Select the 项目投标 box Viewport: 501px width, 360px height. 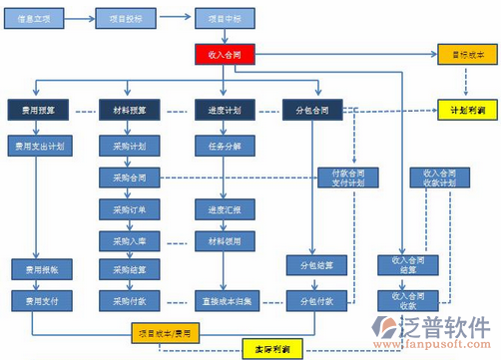click(127, 18)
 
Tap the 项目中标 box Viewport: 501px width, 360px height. click(223, 18)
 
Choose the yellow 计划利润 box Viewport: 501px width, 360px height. click(466, 109)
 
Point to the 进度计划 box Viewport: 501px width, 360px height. click(223, 109)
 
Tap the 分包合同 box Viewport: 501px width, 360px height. click(316, 109)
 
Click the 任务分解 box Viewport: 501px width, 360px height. click(223, 146)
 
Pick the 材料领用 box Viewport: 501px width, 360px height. click(223, 240)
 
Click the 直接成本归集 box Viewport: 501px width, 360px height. click(223, 299)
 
